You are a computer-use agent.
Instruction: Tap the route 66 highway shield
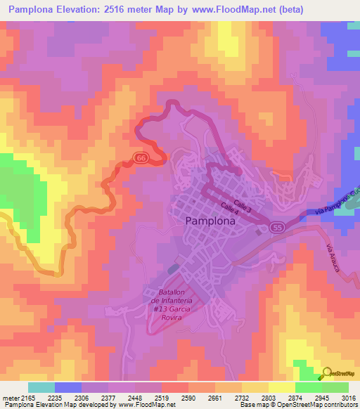tap(141, 159)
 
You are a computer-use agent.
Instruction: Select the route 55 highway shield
tap(278, 228)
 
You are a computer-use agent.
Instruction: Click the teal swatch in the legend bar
tap(41, 387)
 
